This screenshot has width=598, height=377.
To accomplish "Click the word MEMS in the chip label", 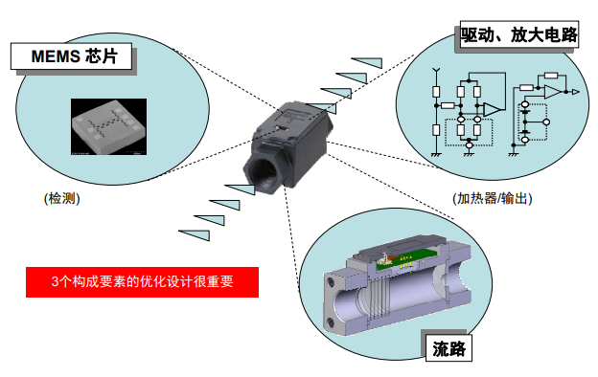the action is point(56,56).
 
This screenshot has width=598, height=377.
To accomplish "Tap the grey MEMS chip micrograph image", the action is point(108,127).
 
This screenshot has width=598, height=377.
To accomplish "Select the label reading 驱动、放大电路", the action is point(519,34).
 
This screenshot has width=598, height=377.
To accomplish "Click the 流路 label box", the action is point(448,348).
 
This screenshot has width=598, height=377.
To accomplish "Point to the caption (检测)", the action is point(61,198).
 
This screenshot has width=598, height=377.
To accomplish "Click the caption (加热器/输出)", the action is point(492,198).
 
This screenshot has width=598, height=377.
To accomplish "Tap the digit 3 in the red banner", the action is point(56,282).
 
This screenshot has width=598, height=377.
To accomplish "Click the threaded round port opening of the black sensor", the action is point(263,171).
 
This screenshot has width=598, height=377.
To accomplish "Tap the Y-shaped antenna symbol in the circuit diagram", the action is point(436,71).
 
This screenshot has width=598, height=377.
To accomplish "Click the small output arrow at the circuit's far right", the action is point(576,92).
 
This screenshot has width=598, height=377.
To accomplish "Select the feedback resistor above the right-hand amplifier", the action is point(551,76).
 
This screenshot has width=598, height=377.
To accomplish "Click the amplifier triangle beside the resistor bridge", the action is point(492,109).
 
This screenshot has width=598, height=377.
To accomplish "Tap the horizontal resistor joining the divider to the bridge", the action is point(448,105).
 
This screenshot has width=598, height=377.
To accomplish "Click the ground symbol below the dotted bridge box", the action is point(469,154).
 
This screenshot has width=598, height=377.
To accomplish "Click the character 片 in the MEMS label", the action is point(109,56).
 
